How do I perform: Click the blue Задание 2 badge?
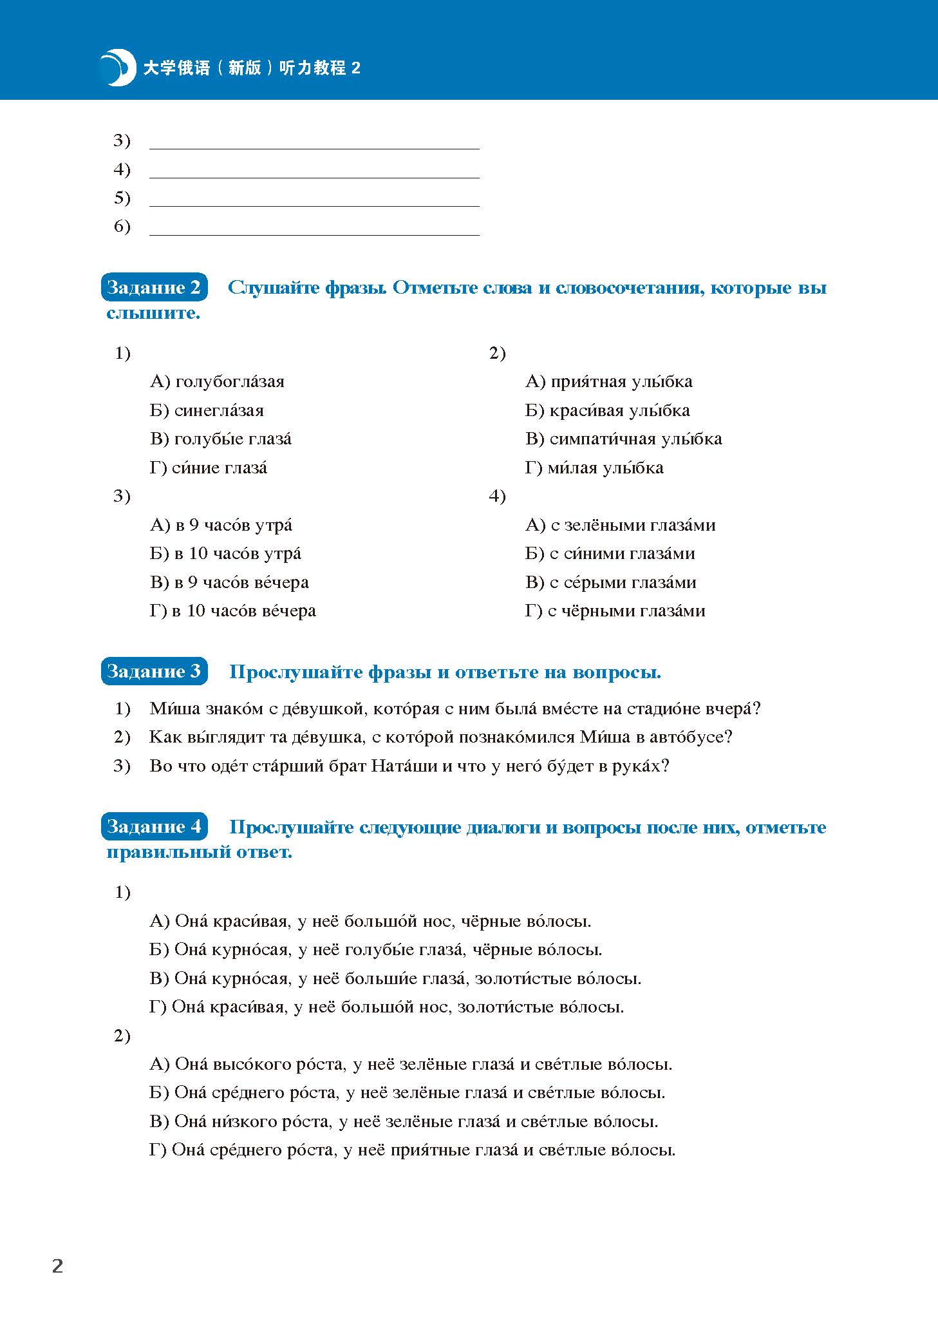154,287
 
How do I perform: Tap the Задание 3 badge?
154,672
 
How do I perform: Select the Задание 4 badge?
154,826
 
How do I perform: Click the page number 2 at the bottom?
57,1266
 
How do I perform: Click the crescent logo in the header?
118,67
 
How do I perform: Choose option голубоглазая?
217,382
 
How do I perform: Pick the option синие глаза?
209,468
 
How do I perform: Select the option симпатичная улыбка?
623,439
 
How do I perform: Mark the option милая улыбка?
594,468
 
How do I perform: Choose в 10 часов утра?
225,554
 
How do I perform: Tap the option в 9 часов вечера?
229,583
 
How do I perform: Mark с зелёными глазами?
621,526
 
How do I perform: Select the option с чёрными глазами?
615,611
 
